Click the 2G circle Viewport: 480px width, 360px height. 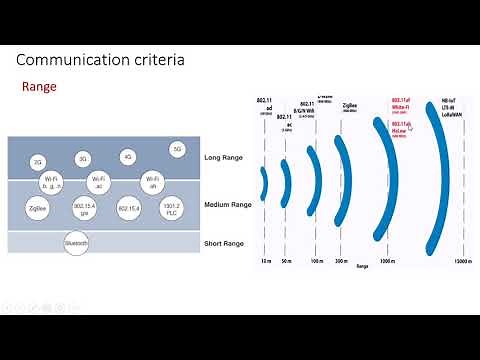[39, 161]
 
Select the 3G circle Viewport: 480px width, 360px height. [83, 159]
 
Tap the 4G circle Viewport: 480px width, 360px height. [127, 157]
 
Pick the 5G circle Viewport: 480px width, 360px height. [178, 149]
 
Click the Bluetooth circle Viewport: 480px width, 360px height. [77, 243]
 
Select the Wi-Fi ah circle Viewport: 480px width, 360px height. [152, 181]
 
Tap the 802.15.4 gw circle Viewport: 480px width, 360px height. [85, 208]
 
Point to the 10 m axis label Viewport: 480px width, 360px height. [264, 262]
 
